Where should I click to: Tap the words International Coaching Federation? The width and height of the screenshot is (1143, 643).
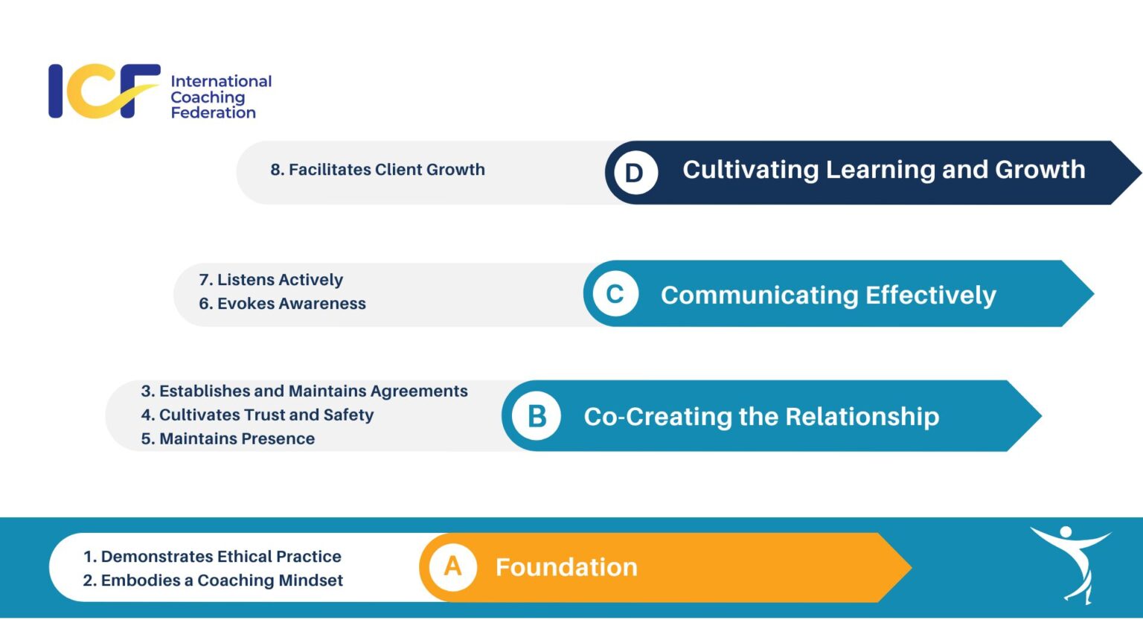pyautogui.click(x=220, y=97)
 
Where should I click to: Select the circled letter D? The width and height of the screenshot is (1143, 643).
pyautogui.click(x=635, y=173)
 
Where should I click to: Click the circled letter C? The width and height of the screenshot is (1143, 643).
pyautogui.click(x=615, y=294)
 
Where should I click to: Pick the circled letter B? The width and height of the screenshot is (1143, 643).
pyautogui.click(x=537, y=416)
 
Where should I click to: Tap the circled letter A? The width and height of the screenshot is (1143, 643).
pyautogui.click(x=452, y=567)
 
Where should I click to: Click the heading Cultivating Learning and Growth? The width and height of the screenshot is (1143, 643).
pyautogui.click(x=883, y=170)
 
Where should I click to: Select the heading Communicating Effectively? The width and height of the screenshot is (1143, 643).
pyautogui.click(x=827, y=295)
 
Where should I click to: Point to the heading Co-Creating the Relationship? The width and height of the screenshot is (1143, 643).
pyautogui.click(x=761, y=416)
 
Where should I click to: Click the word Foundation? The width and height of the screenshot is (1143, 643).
pyautogui.click(x=566, y=567)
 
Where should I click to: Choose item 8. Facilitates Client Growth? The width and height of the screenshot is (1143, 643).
pyautogui.click(x=377, y=170)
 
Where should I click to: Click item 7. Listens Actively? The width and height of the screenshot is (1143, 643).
pyautogui.click(x=271, y=280)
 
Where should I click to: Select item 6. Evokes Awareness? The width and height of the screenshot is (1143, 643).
pyautogui.click(x=282, y=304)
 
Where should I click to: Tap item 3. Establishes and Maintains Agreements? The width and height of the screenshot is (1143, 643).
pyautogui.click(x=304, y=391)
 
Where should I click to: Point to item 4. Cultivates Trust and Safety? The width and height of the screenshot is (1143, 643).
pyautogui.click(x=257, y=415)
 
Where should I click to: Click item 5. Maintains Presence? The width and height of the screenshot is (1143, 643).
pyautogui.click(x=228, y=439)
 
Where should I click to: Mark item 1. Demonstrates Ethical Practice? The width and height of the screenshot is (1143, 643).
pyautogui.click(x=212, y=557)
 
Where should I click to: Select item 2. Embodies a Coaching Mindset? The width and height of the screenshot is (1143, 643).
pyautogui.click(x=213, y=580)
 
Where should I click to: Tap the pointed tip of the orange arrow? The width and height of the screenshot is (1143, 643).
pyautogui.click(x=909, y=567)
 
